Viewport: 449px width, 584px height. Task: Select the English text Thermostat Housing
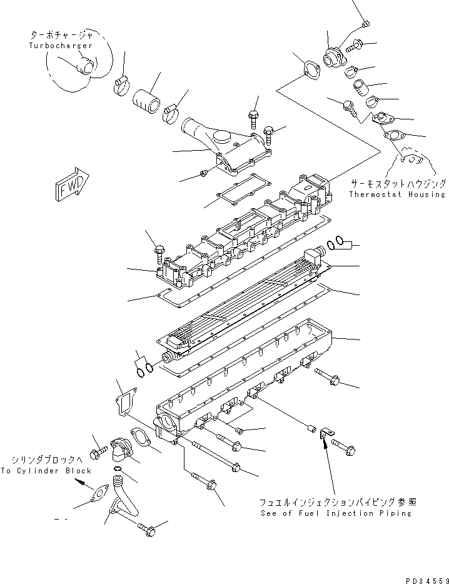[x=397, y=194]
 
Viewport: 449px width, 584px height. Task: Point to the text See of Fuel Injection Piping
[x=336, y=513]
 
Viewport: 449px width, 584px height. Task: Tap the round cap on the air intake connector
[x=223, y=136]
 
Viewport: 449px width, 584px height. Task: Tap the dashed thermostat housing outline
[x=413, y=161]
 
